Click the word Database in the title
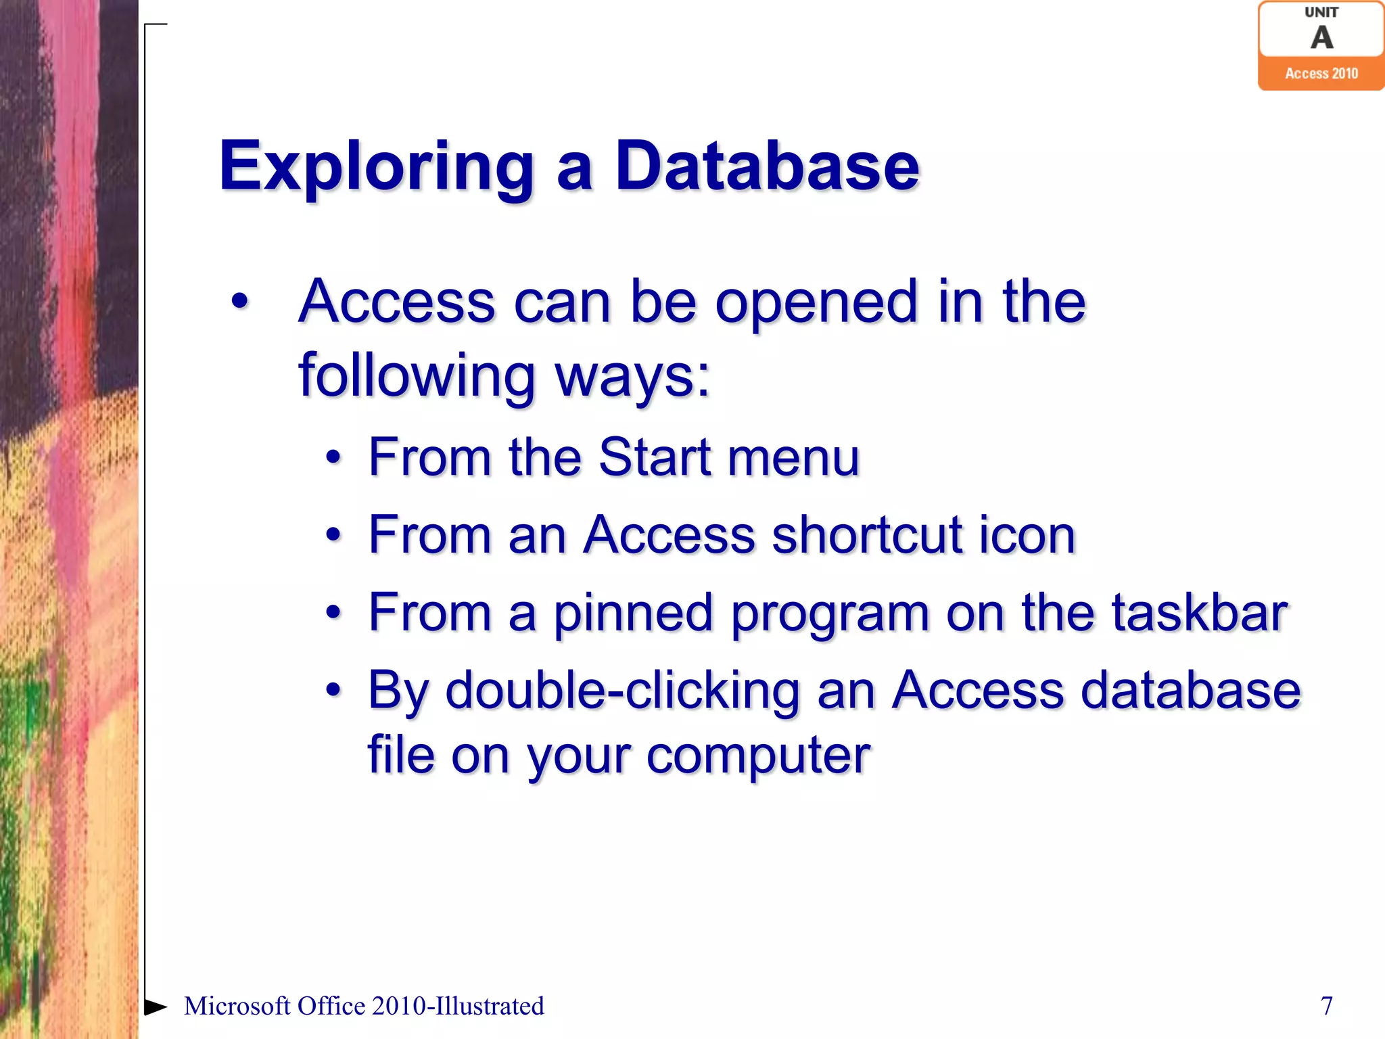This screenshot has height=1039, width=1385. pyautogui.click(x=767, y=166)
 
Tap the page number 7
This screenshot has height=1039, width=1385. pyautogui.click(x=1327, y=1006)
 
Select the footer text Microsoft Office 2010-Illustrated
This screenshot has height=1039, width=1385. pyautogui.click(x=364, y=1006)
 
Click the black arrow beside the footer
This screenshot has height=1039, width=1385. pyautogui.click(x=156, y=1007)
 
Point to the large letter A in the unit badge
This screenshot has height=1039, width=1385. pyautogui.click(x=1321, y=38)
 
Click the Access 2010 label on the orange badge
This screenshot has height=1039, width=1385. pyautogui.click(x=1321, y=74)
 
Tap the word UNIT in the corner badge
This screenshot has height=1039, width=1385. pyautogui.click(x=1321, y=12)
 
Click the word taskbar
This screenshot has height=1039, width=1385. pyautogui.click(x=1200, y=613)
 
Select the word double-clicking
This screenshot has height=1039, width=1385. pyautogui.click(x=622, y=691)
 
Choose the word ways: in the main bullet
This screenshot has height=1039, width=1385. pyautogui.click(x=633, y=376)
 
